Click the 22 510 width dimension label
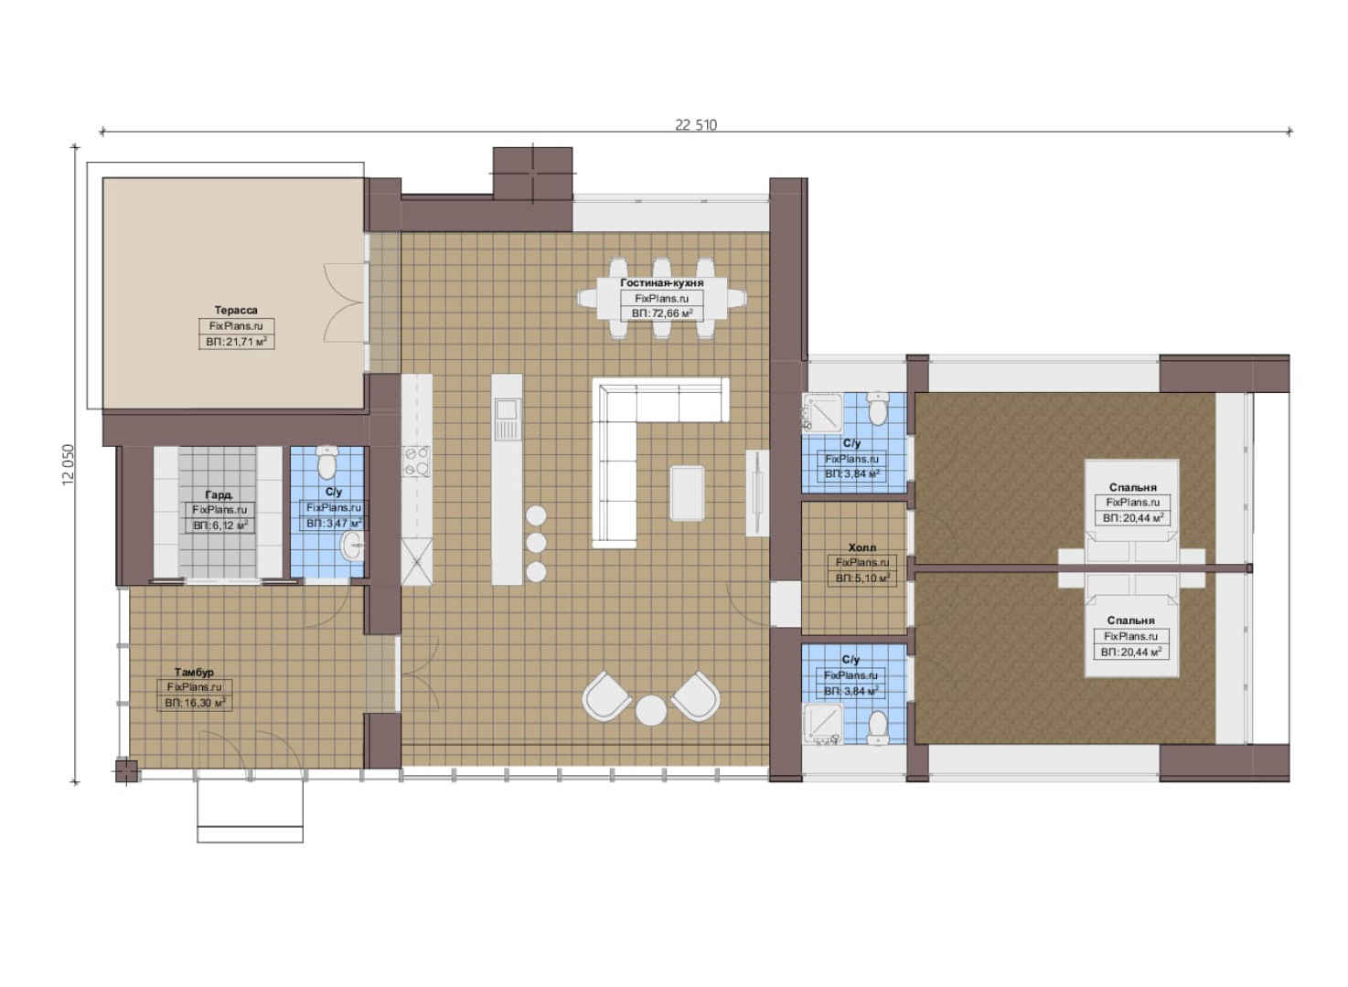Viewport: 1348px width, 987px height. coord(696,125)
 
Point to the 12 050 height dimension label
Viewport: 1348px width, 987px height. coord(68,465)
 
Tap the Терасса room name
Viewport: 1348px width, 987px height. coord(236,311)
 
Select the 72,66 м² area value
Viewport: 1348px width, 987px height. coord(668,313)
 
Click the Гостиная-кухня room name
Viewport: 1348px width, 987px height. coord(662,282)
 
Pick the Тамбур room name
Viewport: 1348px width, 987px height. coord(194,673)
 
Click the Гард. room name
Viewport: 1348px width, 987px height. coord(219,495)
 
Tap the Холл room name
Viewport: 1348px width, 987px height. coord(862,547)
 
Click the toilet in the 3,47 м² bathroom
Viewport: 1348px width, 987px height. coord(327,462)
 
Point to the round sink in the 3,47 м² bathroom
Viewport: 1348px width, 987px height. coord(352,547)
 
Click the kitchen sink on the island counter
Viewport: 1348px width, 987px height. coord(507,410)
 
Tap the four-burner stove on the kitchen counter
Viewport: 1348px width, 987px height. coord(416,462)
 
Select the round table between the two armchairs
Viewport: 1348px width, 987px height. coord(651,710)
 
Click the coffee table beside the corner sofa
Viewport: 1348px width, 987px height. coord(687,493)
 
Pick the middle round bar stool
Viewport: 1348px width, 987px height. coord(536,543)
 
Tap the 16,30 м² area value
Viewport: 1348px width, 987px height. coord(201,703)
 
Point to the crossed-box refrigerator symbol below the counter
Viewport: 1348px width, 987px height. coord(416,562)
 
